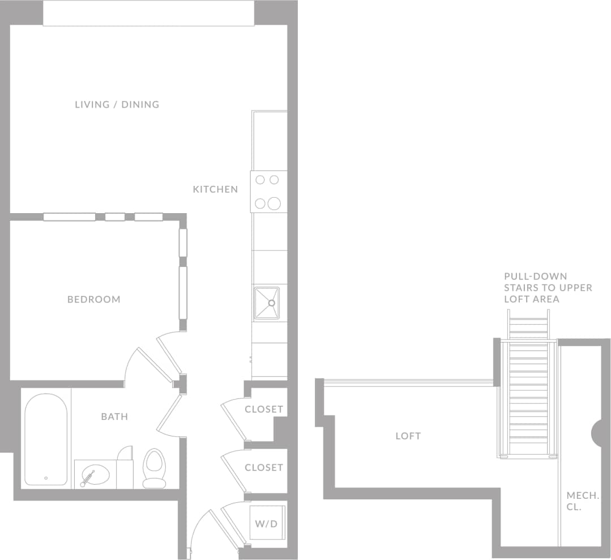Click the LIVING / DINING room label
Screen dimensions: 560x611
coord(117,104)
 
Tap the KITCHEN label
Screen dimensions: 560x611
coord(215,189)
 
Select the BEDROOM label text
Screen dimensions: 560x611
coord(94,299)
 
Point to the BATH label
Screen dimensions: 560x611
coord(114,417)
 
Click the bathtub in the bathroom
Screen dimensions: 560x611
coord(46,439)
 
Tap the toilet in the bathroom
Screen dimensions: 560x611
coord(153,468)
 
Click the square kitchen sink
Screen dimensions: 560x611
coord(267,303)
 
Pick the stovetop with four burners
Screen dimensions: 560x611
coord(268,192)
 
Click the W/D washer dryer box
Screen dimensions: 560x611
coord(267,523)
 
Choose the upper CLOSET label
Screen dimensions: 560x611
coord(264,409)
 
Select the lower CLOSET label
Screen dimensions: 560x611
coord(264,468)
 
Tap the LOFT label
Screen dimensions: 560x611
coord(408,436)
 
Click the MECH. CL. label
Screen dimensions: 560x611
coord(583,501)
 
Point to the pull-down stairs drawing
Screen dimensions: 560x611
coord(528,391)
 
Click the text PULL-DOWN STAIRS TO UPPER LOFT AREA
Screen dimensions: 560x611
coord(548,288)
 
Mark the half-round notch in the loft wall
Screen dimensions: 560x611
coord(597,434)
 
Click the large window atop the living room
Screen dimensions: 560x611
coord(148,13)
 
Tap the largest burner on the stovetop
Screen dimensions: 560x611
coord(275,203)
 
